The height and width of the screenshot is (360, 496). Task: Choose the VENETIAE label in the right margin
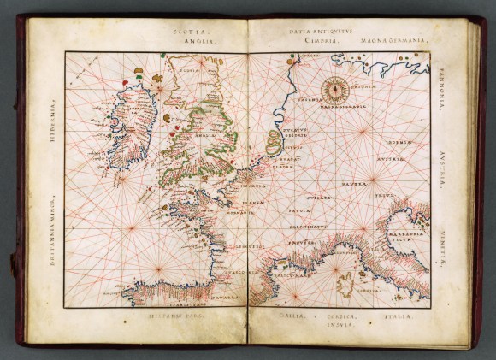(x=444, y=247)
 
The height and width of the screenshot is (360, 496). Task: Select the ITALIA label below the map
(x=395, y=317)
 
